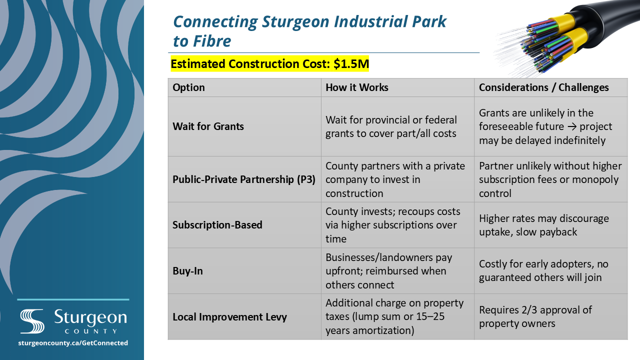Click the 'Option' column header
[188, 87]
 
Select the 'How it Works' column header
[357, 87]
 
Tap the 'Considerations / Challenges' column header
[543, 87]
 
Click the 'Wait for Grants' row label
[208, 126]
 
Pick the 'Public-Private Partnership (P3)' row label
[244, 179]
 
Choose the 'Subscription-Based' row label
[217, 225]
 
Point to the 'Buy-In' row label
[187, 271]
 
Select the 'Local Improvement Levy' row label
[229, 317]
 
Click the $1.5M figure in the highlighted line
[351, 63]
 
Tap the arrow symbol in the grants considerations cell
[572, 127]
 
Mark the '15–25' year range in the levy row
[431, 316]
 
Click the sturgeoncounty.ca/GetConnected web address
[73, 343]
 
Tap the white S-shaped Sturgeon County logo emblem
[32, 321]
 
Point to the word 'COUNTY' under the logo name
[91, 331]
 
